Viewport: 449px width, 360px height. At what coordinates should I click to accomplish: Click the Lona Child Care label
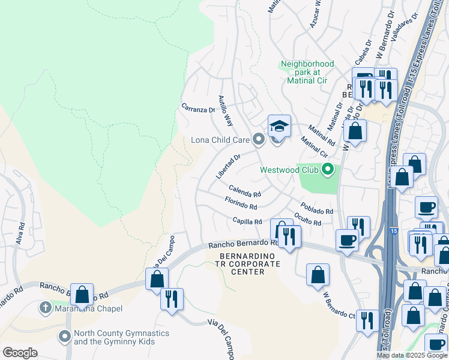(x=220, y=140)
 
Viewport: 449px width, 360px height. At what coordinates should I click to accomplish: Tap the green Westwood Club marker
(x=327, y=170)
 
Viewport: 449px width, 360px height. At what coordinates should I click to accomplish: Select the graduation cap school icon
(x=279, y=126)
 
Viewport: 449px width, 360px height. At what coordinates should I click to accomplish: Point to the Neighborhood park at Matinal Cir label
(x=307, y=72)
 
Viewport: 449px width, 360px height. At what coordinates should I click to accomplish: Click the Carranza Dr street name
(x=198, y=110)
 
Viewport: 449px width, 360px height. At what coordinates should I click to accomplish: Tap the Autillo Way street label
(x=225, y=110)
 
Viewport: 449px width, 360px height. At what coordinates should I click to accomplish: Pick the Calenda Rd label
(x=245, y=191)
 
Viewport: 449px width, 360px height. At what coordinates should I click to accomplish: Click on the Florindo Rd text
(x=241, y=203)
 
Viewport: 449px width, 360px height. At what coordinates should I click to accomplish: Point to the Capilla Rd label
(x=247, y=221)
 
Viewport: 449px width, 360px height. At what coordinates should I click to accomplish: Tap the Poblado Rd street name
(x=316, y=208)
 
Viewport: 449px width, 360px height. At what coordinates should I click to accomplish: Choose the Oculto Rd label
(x=308, y=220)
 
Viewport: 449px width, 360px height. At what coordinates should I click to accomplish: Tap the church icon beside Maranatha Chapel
(x=44, y=308)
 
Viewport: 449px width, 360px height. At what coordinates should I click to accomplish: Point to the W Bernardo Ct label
(x=340, y=304)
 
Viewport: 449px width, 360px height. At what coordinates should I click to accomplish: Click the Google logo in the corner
(x=20, y=352)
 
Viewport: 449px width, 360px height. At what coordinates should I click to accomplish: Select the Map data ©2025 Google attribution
(x=412, y=355)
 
